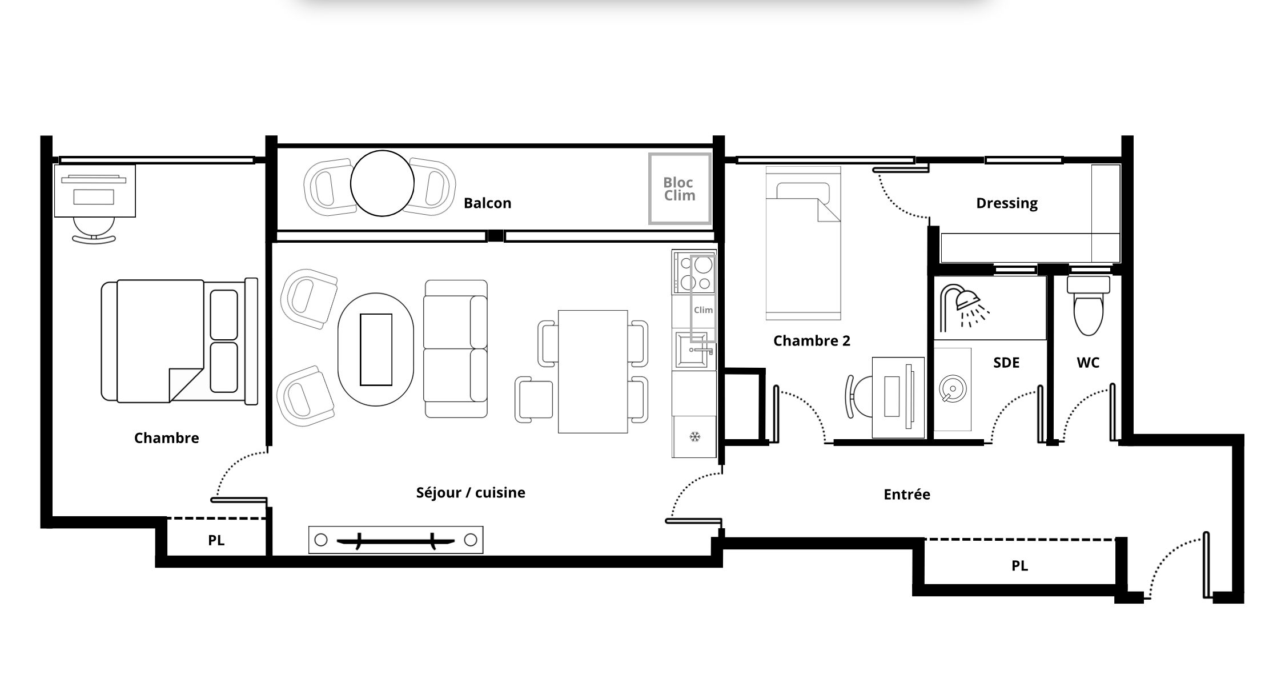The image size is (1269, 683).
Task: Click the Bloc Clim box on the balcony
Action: [680, 188]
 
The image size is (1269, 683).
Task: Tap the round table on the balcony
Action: [382, 183]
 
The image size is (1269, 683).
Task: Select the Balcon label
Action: [487, 203]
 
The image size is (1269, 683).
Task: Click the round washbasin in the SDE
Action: [952, 389]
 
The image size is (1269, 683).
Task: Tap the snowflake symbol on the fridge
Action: [694, 437]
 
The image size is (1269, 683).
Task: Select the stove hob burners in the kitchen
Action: [694, 272]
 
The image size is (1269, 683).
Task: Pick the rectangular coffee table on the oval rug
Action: [376, 349]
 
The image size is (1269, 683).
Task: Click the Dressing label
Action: [1007, 203]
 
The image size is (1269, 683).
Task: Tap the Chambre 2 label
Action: [812, 341]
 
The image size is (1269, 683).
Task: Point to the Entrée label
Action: [906, 495]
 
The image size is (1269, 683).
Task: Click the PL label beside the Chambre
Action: [216, 540]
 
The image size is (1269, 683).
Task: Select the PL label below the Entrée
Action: [1019, 566]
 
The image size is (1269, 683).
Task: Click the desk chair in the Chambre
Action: [94, 231]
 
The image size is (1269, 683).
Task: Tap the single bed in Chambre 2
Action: [803, 243]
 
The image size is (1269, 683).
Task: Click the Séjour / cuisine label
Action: [471, 493]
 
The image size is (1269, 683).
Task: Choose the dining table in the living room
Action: [593, 372]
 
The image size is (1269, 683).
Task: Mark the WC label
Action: [1088, 363]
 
